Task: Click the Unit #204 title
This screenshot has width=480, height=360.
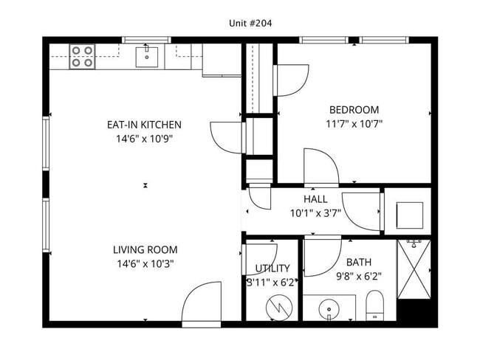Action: [250, 24]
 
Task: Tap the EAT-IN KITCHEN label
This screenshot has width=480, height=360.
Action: [144, 125]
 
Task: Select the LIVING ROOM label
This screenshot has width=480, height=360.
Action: [145, 249]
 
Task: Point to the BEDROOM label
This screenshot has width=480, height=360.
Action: [354, 109]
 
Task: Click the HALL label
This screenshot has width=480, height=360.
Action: [315, 199]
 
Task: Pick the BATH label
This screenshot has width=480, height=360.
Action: [359, 262]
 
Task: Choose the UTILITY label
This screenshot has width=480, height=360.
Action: [272, 269]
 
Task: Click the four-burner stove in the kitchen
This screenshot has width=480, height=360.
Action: [82, 57]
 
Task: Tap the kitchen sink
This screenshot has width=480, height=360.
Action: [147, 57]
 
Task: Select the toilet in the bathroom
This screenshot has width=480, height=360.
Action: [374, 305]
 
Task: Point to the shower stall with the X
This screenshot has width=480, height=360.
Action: [414, 269]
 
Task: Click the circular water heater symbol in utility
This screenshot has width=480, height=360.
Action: [279, 308]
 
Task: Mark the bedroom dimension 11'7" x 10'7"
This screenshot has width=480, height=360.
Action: [354, 124]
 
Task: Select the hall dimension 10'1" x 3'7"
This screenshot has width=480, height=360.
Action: [315, 213]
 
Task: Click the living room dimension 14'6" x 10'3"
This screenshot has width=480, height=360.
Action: [145, 263]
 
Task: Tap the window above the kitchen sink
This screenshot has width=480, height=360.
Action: [147, 40]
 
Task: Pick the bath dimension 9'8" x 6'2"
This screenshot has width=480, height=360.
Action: [359, 277]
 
